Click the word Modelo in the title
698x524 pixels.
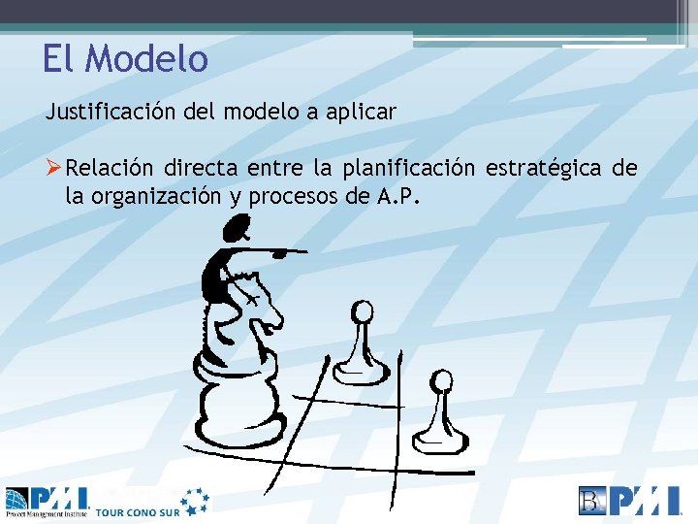point(146,59)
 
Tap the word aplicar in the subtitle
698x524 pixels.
point(360,112)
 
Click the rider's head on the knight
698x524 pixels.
point(235,231)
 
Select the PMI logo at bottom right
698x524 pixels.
point(630,501)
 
